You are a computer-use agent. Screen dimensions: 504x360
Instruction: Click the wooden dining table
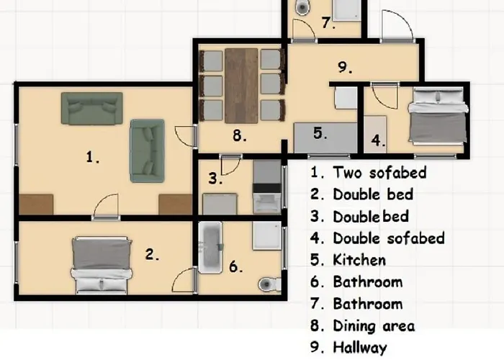(x=241, y=86)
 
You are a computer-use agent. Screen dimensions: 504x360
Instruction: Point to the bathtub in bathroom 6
(x=210, y=247)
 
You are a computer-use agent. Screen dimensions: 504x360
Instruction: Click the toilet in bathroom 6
(x=269, y=284)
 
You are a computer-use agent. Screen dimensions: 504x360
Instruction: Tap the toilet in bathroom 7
(x=302, y=7)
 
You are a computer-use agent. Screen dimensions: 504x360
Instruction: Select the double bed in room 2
(x=102, y=266)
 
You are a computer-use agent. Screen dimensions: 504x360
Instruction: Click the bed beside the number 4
(x=438, y=116)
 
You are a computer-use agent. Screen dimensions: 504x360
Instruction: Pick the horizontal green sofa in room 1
(x=92, y=108)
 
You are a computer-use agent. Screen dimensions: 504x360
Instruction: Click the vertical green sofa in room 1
(x=147, y=150)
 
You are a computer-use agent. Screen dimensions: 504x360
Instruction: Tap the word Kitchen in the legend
(x=359, y=260)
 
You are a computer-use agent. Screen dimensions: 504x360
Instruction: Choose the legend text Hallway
(x=360, y=348)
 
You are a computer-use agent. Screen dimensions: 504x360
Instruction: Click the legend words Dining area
(x=374, y=325)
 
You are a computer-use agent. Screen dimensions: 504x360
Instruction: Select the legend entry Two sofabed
(x=379, y=172)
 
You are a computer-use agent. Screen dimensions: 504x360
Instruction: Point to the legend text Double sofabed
(x=389, y=238)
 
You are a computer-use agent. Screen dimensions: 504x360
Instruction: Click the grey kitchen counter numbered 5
(x=325, y=138)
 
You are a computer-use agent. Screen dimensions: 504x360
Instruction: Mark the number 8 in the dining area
(x=240, y=135)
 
